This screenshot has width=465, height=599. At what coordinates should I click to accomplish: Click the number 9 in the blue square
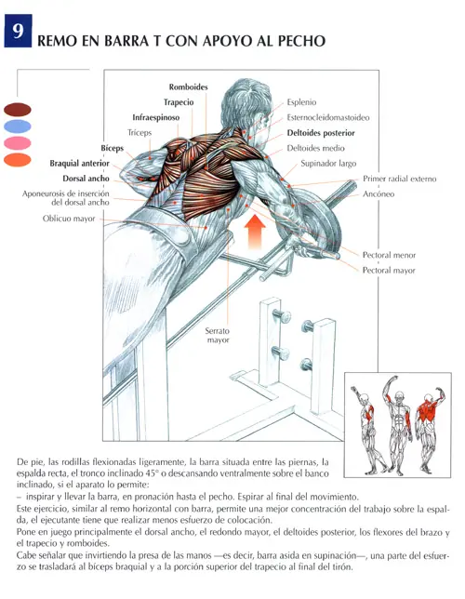pos(18,31)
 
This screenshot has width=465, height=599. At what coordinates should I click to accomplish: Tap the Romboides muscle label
pos(189,87)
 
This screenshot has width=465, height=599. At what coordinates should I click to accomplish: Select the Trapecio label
pos(179,102)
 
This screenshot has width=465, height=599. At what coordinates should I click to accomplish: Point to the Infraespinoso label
pos(156,117)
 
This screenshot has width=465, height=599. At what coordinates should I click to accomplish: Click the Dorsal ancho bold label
pos(86,179)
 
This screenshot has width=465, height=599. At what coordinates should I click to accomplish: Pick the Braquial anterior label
pos(79,164)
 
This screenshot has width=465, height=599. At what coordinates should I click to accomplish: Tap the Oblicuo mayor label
pos(69,219)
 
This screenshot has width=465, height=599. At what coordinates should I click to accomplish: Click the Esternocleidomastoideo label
pos(328,117)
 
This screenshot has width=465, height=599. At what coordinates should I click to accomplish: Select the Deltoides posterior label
pos(321,133)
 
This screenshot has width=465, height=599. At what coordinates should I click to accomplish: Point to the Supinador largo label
pos(328,164)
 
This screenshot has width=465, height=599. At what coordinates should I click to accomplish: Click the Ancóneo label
pos(379,193)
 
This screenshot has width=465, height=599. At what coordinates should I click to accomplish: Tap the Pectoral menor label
pos(389,255)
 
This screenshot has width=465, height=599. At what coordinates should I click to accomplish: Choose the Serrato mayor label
pos(218,336)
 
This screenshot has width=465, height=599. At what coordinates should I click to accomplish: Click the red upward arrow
pos(255,232)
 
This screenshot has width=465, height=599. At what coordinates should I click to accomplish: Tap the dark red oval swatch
pos(18,110)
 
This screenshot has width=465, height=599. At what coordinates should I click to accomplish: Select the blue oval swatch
pos(18,126)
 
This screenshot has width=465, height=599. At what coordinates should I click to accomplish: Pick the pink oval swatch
pos(18,143)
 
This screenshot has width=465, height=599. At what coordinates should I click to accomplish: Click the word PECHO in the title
pos(301,41)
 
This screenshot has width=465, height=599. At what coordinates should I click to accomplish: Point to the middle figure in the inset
pos(398,425)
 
